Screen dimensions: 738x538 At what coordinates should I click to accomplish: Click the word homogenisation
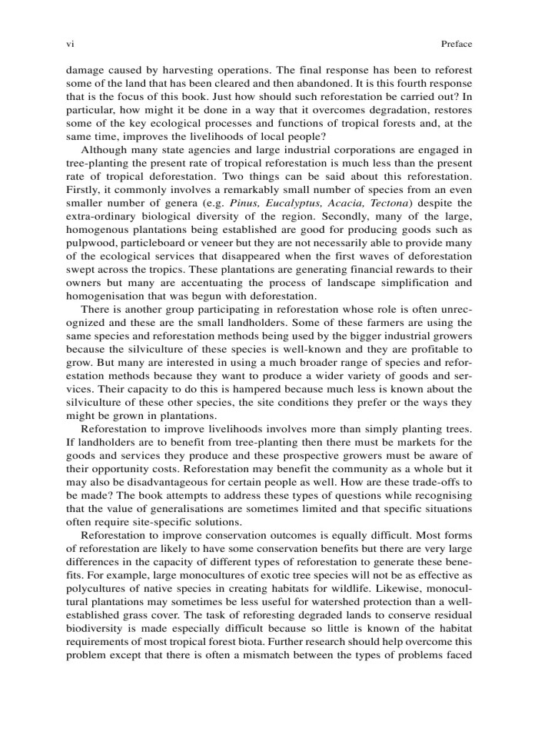tap(111, 296)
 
